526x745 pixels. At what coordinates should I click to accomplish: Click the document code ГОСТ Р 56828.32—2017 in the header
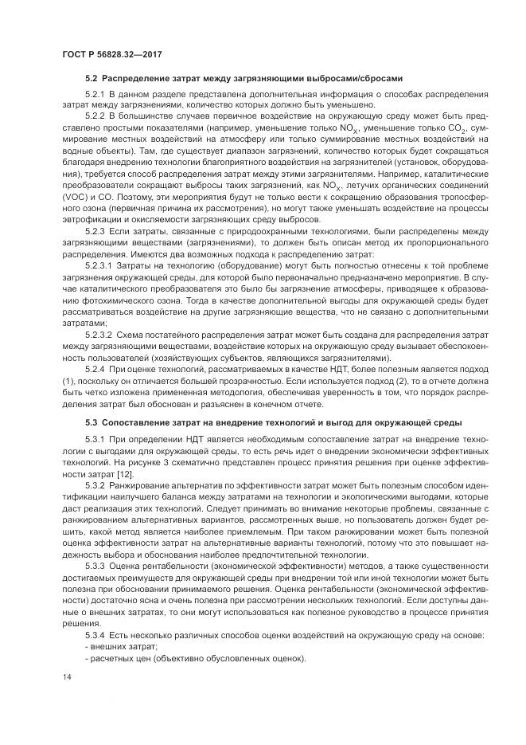point(107,53)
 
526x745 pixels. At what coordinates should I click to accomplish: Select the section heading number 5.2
point(91,79)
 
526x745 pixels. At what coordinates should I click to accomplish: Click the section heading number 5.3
point(91,422)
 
